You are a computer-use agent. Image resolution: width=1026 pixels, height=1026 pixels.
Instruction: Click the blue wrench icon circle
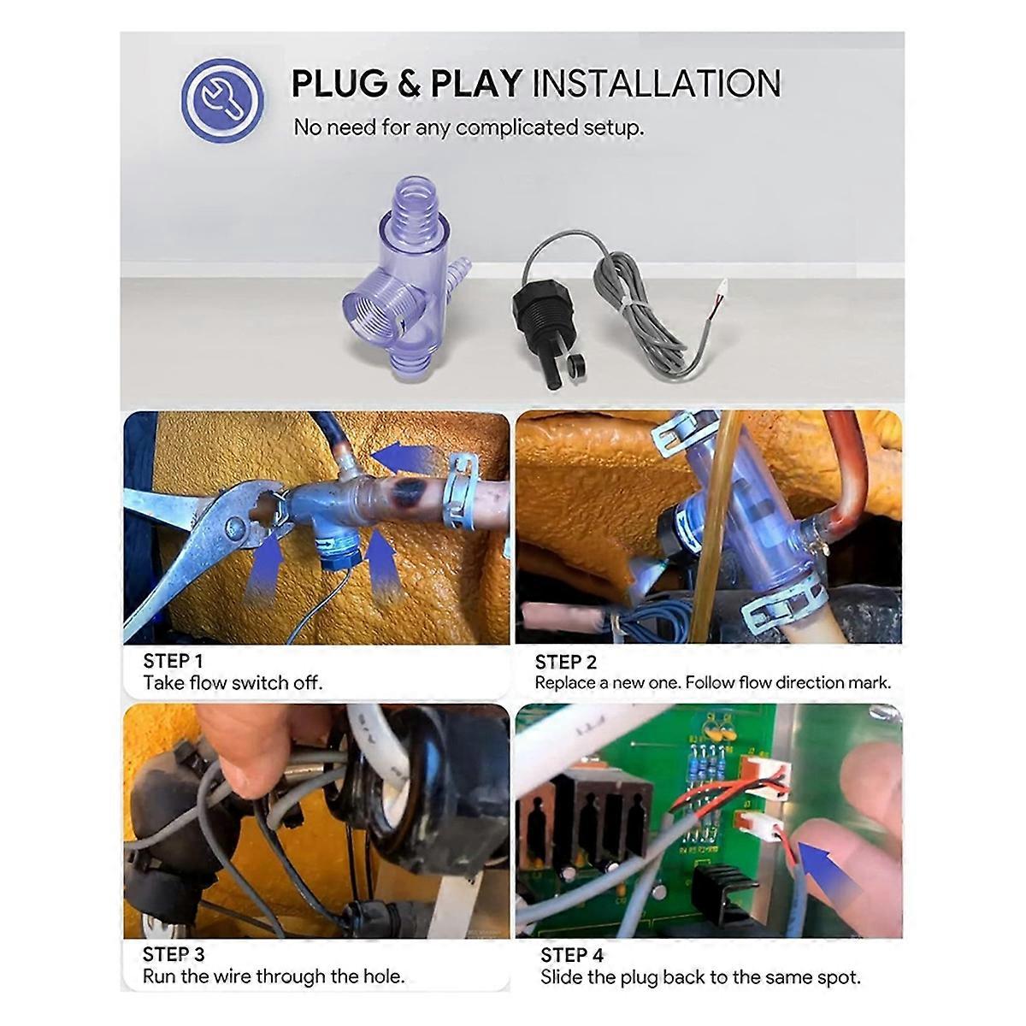click(x=222, y=99)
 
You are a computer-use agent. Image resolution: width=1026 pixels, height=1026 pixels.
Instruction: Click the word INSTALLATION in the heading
click(x=657, y=84)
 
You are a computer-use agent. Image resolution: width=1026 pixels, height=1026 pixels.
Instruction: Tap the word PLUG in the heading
click(x=339, y=84)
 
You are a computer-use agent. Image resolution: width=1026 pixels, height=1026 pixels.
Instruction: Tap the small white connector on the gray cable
click(x=722, y=287)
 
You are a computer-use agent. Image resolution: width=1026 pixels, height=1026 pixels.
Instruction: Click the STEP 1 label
click(x=173, y=661)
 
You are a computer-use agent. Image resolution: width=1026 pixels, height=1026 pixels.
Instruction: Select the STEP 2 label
click(x=565, y=662)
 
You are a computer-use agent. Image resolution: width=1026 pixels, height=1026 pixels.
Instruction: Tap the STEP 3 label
click(x=174, y=954)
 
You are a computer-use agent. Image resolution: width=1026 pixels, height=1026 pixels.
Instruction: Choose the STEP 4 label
click(x=572, y=955)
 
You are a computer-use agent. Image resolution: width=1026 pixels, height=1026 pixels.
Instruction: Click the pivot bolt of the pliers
click(x=235, y=528)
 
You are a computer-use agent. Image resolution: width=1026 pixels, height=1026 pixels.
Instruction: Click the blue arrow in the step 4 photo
click(x=829, y=872)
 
